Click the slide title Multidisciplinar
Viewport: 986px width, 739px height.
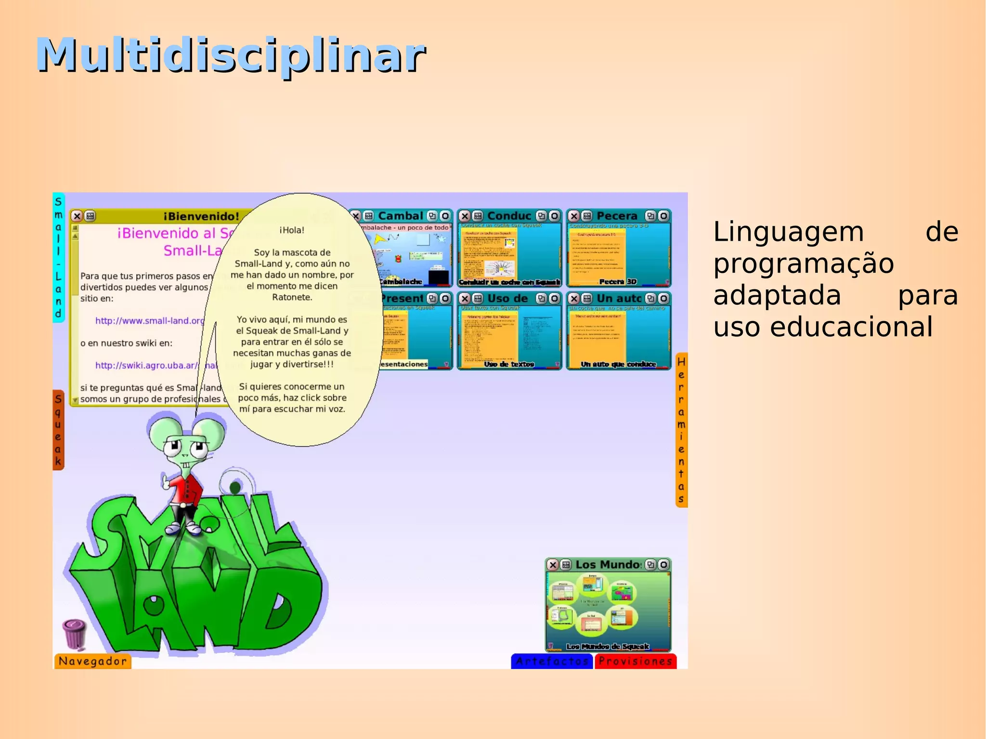(231, 55)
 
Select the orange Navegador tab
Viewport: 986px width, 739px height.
(92, 661)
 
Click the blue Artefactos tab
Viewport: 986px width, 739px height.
(552, 661)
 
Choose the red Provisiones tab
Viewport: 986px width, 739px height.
(635, 661)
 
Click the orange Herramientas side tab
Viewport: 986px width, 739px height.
(681, 430)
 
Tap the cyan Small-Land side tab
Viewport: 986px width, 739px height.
(58, 258)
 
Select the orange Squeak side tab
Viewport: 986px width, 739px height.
(58, 430)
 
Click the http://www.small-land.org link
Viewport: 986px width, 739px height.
(150, 321)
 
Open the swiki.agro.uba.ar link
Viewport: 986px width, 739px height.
(146, 365)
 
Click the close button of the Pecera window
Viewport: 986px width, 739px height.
(574, 216)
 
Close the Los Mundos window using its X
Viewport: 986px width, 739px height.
(553, 565)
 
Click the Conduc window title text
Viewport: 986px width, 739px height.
(509, 216)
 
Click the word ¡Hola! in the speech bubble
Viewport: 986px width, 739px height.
(292, 230)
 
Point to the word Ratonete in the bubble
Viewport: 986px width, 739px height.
(292, 298)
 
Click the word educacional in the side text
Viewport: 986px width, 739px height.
(851, 327)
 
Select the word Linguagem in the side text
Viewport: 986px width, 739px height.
(789, 232)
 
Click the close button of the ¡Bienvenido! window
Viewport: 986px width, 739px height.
(77, 216)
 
